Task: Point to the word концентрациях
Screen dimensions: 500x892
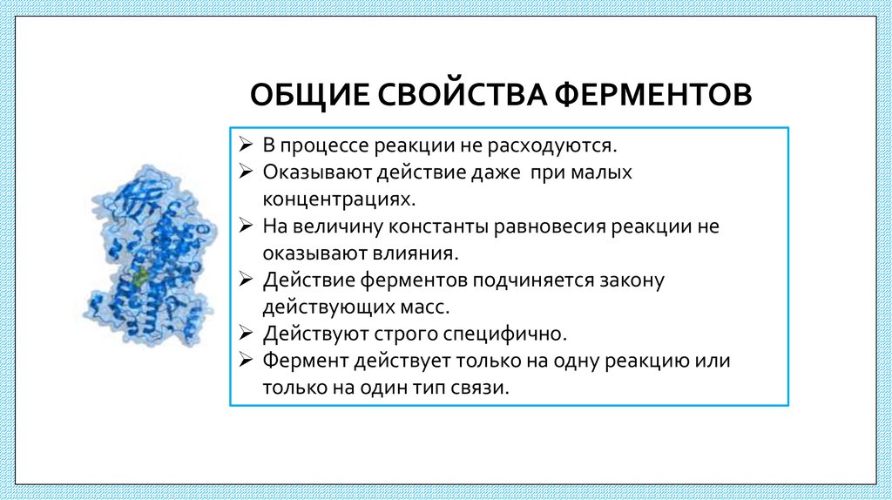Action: click(x=336, y=199)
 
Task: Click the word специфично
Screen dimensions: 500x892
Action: click(x=516, y=334)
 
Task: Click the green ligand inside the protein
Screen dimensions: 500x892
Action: click(x=139, y=279)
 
